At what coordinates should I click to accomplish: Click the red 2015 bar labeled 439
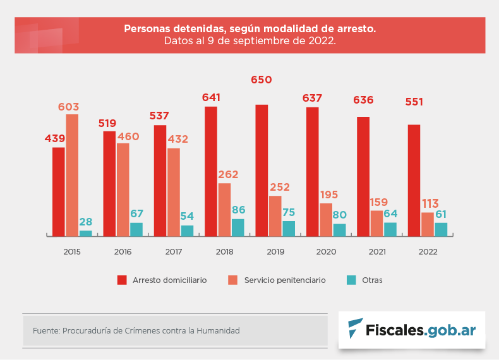59,191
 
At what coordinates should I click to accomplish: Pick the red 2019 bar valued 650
262,170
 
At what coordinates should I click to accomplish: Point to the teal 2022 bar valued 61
441,229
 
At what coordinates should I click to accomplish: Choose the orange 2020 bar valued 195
326,220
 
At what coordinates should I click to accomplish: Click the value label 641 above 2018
211,97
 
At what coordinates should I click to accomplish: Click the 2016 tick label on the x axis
123,251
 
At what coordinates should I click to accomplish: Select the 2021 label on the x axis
377,251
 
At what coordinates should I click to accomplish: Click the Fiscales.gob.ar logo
412,330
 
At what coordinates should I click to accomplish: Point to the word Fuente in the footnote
45,330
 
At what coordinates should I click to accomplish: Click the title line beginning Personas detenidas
249,29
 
